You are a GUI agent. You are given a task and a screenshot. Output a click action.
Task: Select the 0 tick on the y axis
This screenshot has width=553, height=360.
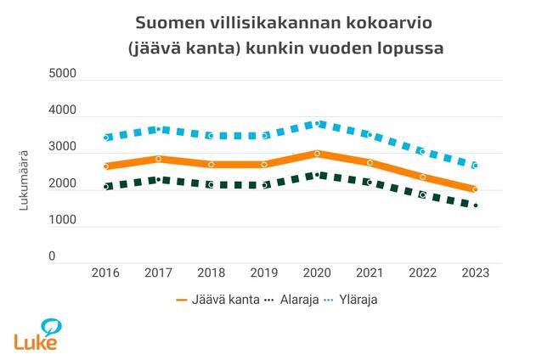(74, 256)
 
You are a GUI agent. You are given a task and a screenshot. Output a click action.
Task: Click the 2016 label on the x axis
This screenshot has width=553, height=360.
(106, 273)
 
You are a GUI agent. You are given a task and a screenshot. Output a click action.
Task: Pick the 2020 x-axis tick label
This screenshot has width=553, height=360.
(317, 273)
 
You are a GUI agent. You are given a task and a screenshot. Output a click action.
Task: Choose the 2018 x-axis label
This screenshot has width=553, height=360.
(212, 273)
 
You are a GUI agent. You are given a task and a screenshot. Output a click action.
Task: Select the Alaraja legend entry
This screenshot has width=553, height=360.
(298, 300)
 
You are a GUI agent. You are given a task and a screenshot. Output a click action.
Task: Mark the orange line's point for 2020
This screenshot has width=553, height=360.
(317, 154)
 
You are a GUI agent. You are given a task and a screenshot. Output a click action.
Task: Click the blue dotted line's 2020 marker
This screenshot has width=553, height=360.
(317, 123)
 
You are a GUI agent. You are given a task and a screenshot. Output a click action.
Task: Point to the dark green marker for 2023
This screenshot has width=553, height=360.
(476, 205)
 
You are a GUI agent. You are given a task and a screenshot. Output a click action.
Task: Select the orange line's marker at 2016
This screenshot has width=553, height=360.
(106, 166)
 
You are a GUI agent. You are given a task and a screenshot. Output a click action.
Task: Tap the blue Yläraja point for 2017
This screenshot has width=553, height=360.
(159, 129)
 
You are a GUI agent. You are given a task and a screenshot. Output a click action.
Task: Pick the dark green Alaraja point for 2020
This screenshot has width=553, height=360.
(317, 175)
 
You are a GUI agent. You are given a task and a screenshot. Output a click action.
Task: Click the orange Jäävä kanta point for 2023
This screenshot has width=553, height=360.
(476, 189)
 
